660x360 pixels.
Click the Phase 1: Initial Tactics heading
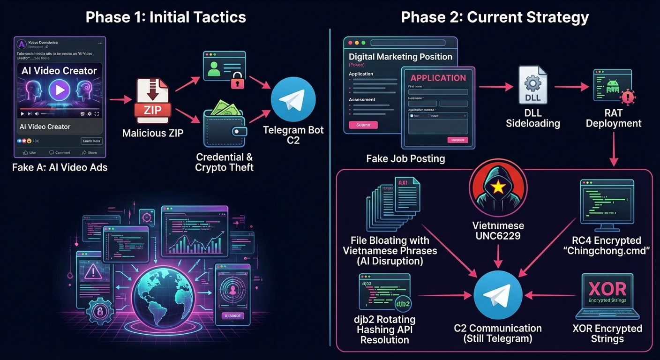pyautogui.click(x=165, y=17)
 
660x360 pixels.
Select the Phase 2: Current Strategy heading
pyautogui.click(x=495, y=17)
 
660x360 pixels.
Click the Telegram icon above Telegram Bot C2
pyautogui.click(x=293, y=99)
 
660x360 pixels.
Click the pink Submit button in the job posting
pyautogui.click(x=363, y=125)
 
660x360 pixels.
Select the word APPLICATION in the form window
pyautogui.click(x=438, y=78)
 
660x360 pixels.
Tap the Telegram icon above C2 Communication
pyautogui.click(x=498, y=295)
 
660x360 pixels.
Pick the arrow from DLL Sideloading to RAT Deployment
pyautogui.click(x=571, y=87)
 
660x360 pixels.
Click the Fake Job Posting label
pyautogui.click(x=405, y=158)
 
